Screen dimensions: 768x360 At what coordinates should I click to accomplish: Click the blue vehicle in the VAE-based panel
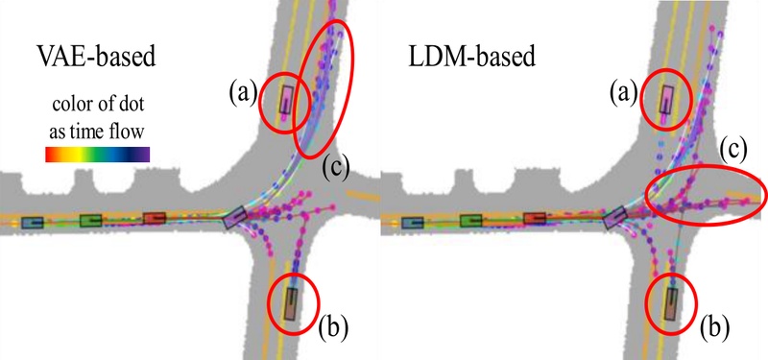(32, 222)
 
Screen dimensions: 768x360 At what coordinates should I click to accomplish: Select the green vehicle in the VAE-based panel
(91, 221)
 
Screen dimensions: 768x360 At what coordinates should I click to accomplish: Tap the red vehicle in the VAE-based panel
(155, 219)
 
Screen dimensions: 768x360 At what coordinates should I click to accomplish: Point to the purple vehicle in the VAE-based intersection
(235, 218)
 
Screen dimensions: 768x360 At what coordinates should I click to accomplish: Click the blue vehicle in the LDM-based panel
(413, 222)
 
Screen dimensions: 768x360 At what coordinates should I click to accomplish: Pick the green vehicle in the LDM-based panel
(471, 221)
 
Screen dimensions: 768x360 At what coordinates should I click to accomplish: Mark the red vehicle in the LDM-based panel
(534, 219)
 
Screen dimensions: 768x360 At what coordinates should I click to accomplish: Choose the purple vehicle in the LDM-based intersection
(614, 218)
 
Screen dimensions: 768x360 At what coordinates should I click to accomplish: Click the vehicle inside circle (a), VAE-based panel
(287, 99)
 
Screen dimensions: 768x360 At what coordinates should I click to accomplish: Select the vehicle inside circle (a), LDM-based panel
(666, 99)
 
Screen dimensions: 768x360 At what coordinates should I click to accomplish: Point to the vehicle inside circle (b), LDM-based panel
(671, 302)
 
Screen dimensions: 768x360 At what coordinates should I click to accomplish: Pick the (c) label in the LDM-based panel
(734, 150)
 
